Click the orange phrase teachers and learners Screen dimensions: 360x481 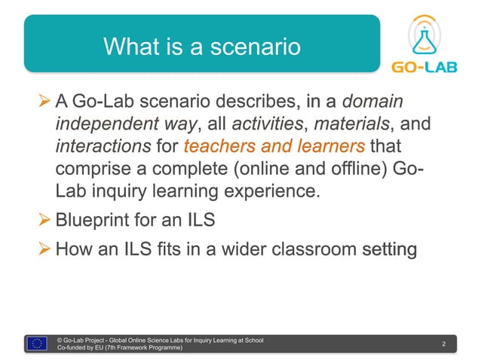coord(274,146)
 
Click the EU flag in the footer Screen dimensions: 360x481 coord(38,343)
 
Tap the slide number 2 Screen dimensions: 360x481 coord(444,344)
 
